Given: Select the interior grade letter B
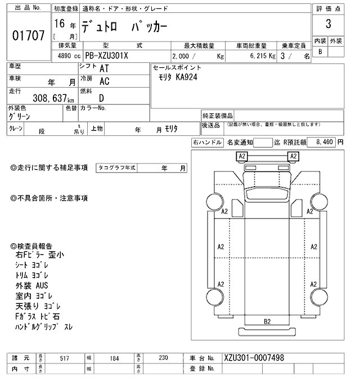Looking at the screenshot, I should [x=321, y=52].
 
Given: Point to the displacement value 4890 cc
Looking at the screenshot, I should [x=62, y=56].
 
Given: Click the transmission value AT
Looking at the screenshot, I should [x=104, y=68].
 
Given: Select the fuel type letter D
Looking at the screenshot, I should [x=102, y=97].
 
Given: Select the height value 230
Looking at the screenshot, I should [x=163, y=358].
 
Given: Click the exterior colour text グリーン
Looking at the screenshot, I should [x=20, y=116].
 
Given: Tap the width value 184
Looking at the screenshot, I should [x=114, y=358].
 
